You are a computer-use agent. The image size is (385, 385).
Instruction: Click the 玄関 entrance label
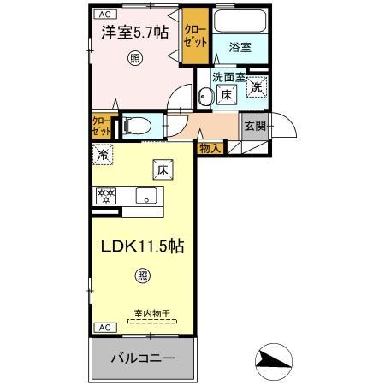click(255, 127)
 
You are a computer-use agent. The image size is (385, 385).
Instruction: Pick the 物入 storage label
click(210, 148)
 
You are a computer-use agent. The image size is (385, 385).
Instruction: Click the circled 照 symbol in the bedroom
click(134, 58)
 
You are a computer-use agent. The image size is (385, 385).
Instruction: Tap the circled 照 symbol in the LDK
click(142, 275)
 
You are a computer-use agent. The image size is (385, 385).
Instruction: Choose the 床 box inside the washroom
click(227, 95)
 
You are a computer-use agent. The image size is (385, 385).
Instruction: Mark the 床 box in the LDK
click(161, 169)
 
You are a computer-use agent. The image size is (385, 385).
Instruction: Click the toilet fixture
click(137, 127)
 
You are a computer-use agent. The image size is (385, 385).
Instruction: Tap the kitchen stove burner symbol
click(106, 196)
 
